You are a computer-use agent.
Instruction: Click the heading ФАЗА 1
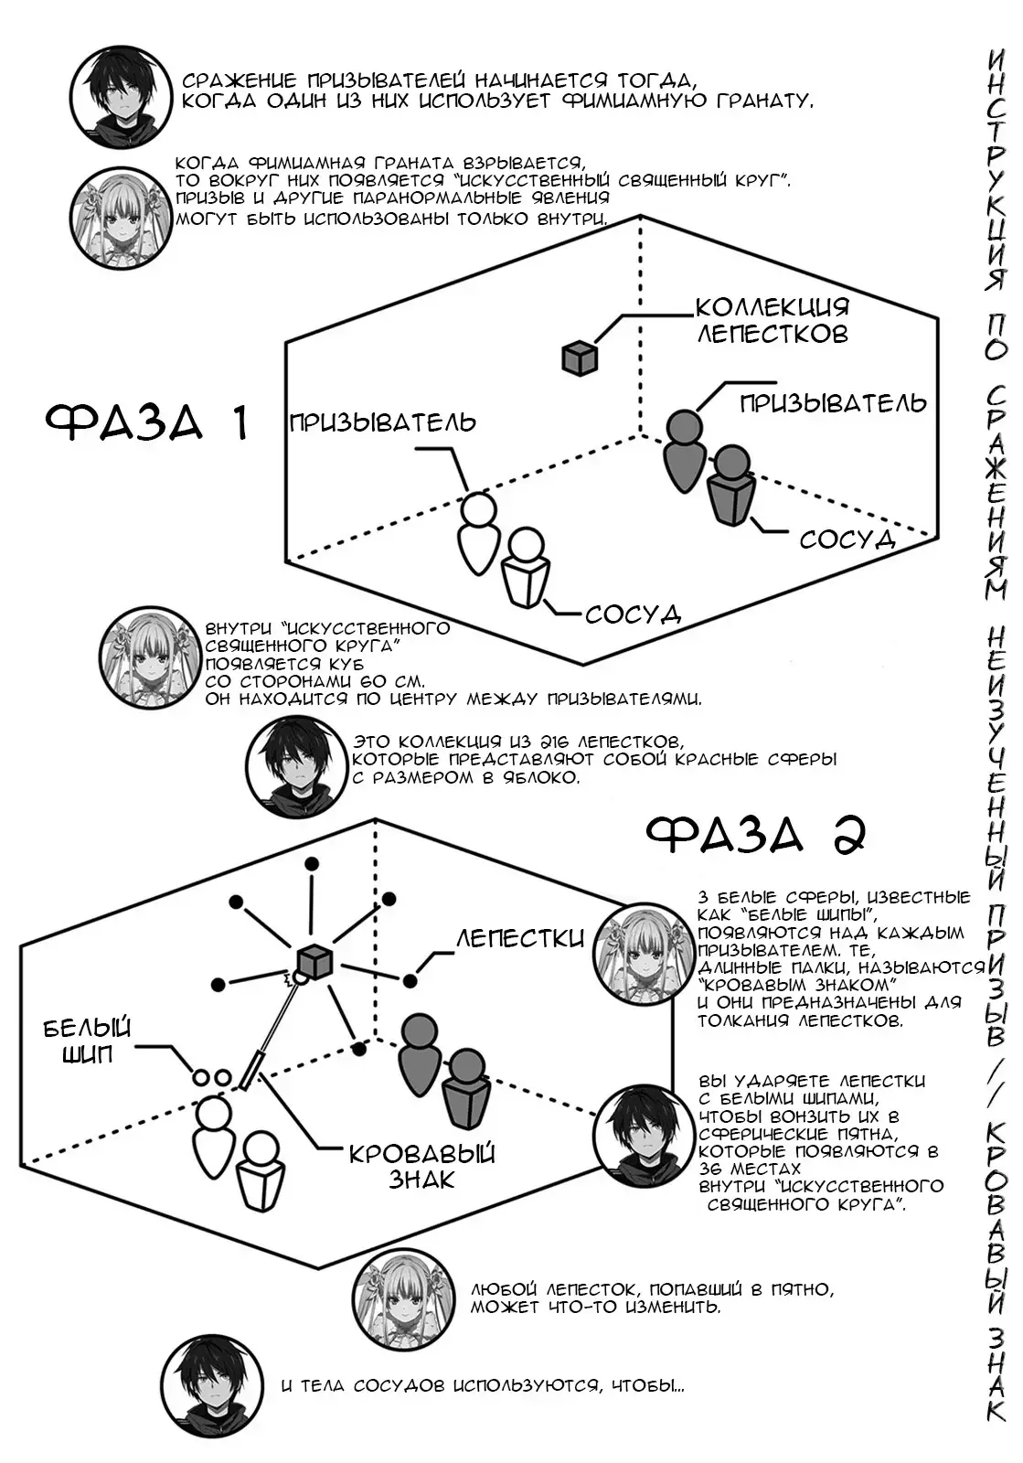(x=147, y=422)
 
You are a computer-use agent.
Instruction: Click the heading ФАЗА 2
(x=756, y=836)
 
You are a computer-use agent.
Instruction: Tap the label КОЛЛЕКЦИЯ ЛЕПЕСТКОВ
(x=773, y=321)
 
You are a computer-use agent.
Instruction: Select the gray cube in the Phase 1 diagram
(x=580, y=358)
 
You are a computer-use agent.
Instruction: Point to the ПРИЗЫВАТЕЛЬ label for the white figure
(x=382, y=422)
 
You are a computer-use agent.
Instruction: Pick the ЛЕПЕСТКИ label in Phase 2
(x=519, y=938)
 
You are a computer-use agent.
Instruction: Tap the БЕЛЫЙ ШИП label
(x=88, y=1041)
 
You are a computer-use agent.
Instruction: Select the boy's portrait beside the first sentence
(x=121, y=98)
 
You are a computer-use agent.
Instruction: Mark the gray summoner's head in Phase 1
(x=684, y=428)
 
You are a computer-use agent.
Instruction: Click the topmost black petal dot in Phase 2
(x=312, y=863)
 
